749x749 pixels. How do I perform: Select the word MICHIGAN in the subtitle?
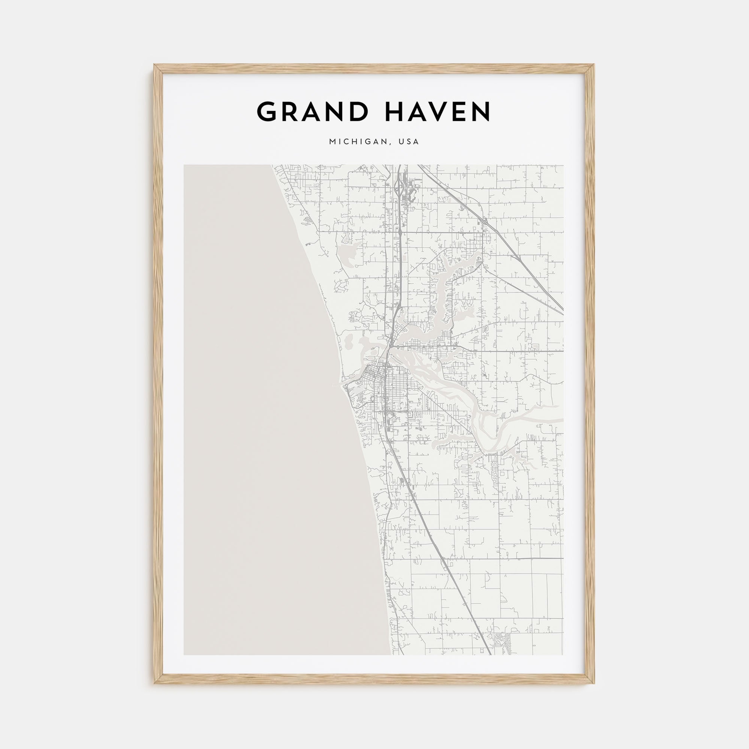pyautogui.click(x=358, y=142)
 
